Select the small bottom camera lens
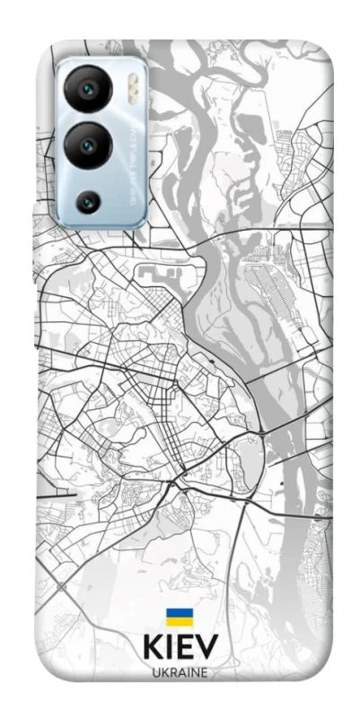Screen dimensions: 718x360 tap(87, 201)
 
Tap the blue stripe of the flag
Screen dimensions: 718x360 tap(179, 613)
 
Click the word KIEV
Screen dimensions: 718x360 tap(180, 648)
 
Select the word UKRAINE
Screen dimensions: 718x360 tap(180, 673)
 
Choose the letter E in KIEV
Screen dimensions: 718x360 tap(185, 648)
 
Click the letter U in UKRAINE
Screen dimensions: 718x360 tap(156, 673)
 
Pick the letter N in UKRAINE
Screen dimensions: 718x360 tap(194, 673)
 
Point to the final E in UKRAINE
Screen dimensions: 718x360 tap(204, 673)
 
